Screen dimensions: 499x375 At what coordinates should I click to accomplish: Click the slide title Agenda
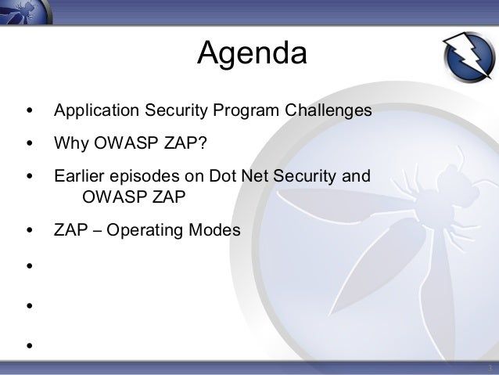252,53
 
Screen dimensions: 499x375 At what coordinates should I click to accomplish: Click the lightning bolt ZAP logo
468,56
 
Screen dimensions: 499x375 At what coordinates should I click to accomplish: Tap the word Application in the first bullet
96,111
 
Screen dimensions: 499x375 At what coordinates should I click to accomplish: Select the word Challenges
328,111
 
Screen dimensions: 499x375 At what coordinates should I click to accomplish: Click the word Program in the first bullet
246,111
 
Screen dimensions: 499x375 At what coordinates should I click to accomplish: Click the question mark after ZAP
202,142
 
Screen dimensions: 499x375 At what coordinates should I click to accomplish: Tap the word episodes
145,176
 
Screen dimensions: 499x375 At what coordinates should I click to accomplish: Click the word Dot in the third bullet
222,175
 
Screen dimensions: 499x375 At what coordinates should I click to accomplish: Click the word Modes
214,229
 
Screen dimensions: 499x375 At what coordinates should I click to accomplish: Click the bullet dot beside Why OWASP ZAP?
30,143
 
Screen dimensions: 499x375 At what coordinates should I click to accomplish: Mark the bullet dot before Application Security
30,110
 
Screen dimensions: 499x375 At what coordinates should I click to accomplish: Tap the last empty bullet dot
30,345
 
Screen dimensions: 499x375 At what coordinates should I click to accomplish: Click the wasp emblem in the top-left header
26,12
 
